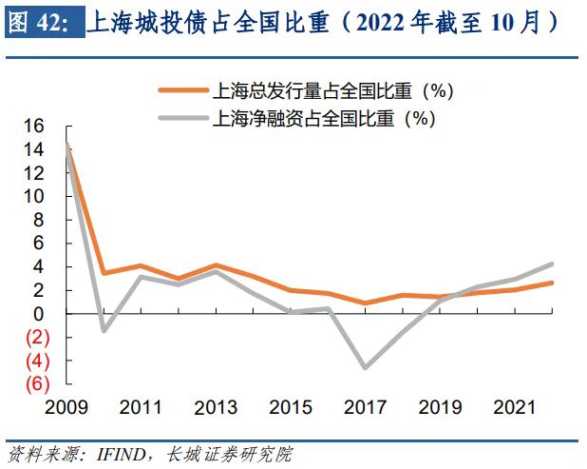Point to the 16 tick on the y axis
click(x=34, y=126)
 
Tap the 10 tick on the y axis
click(x=34, y=196)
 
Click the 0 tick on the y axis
click(x=39, y=314)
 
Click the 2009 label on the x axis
click(x=66, y=408)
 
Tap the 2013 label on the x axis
click(x=216, y=408)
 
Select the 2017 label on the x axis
click(x=365, y=408)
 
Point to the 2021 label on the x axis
click(x=514, y=408)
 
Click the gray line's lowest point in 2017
click(x=365, y=367)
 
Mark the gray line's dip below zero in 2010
click(x=104, y=331)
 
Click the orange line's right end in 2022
click(x=551, y=283)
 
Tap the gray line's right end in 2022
click(x=551, y=264)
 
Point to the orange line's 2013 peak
click(x=216, y=265)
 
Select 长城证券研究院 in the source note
click(x=228, y=455)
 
